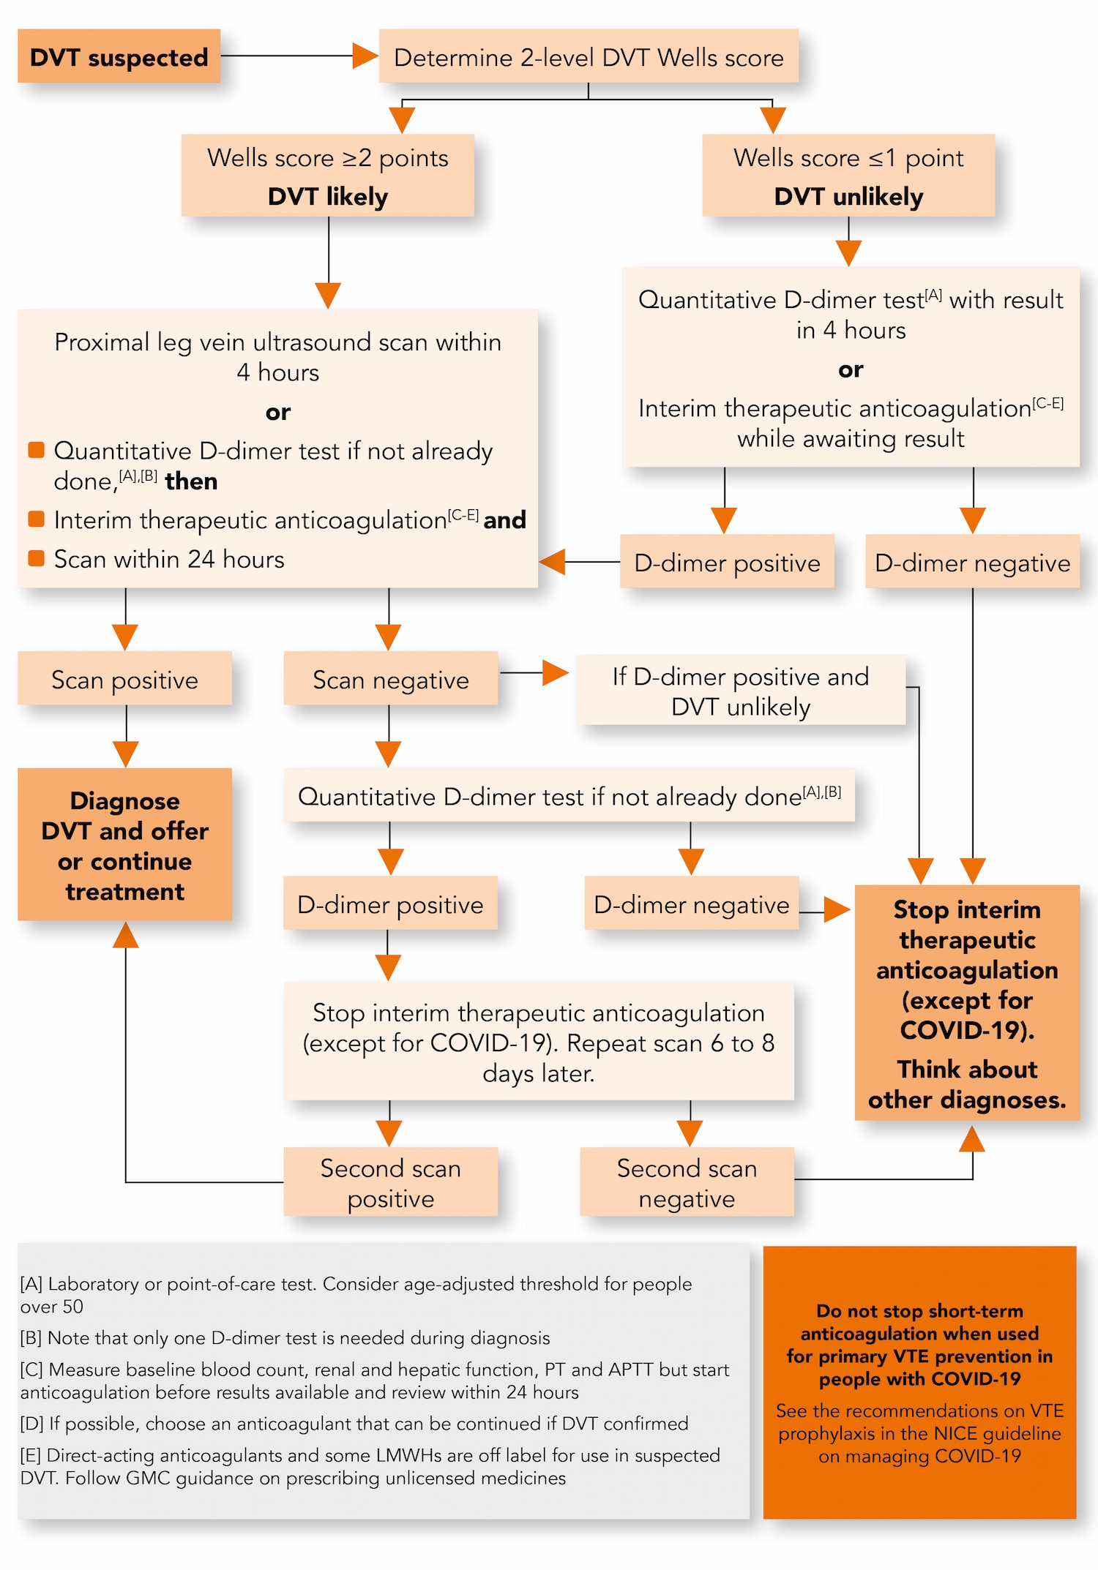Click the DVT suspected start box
119,56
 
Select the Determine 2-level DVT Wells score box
589,56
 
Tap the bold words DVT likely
327,197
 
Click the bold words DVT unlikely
848,197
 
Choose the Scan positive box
124,680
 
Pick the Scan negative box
390,680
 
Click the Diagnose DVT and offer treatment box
124,845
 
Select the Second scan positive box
390,1182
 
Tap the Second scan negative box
687,1182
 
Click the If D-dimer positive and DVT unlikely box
740,691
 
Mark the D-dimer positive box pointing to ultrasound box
727,563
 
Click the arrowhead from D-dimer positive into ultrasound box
553,562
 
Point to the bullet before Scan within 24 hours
36,558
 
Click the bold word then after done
191,481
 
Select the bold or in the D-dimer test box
851,369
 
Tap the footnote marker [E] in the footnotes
31,1455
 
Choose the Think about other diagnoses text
967,1084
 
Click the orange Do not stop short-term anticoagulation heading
919,1345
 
